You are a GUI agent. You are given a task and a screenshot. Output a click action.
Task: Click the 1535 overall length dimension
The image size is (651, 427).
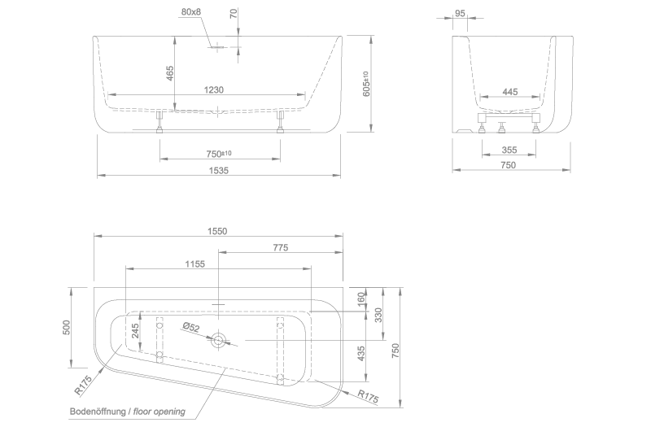[x=218, y=170]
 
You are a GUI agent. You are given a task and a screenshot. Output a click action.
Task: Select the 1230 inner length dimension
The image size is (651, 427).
[x=214, y=89]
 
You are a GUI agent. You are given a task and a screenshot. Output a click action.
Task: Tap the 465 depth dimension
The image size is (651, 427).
[x=170, y=73]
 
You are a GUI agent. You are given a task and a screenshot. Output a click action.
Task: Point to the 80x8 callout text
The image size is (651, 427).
[x=191, y=11]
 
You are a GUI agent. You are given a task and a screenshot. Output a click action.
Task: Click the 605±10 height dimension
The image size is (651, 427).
[x=366, y=84]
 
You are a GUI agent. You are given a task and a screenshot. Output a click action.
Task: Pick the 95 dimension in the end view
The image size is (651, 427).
[x=460, y=13]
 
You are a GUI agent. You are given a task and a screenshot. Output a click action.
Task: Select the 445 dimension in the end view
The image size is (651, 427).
[x=510, y=92]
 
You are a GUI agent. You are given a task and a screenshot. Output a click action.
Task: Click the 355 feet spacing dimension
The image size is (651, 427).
[x=509, y=150]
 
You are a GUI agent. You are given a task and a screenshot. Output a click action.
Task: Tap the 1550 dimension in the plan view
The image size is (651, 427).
[x=217, y=231]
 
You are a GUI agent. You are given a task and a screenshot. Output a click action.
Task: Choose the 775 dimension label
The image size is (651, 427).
[x=281, y=247]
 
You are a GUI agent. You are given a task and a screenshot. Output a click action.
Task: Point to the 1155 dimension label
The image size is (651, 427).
[x=194, y=264]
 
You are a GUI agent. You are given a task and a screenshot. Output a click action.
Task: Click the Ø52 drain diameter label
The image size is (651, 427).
[x=191, y=327]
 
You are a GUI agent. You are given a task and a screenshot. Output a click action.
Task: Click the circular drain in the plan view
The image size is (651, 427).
[x=218, y=341]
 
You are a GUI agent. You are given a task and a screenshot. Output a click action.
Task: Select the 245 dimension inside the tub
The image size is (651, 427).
[x=135, y=331]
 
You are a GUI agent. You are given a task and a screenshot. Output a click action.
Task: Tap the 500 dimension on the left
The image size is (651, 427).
[x=66, y=327]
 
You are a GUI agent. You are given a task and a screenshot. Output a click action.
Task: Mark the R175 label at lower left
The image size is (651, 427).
[x=83, y=385]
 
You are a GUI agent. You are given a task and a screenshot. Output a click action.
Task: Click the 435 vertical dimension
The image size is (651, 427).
[x=360, y=354]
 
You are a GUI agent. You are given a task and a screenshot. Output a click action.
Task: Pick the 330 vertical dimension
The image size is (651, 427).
[x=378, y=315]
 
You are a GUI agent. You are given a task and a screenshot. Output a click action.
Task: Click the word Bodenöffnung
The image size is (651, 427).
[x=98, y=412]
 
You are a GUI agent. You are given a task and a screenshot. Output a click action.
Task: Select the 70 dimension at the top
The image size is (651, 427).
[x=234, y=13]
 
